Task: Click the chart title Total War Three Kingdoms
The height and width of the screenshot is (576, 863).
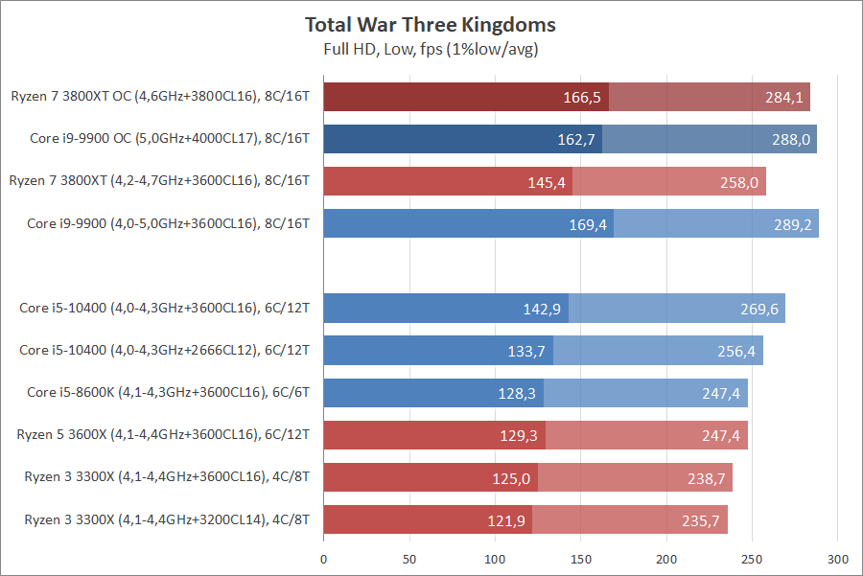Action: point(431,25)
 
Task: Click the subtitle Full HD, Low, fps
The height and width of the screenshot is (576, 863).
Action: point(431,48)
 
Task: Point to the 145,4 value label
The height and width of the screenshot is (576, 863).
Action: point(547,182)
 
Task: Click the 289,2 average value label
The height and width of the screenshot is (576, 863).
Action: point(793,224)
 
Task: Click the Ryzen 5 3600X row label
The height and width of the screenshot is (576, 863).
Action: point(164,435)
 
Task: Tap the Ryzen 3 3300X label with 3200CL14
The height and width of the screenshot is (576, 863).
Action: point(164,520)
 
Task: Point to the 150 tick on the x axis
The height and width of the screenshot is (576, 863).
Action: point(581,558)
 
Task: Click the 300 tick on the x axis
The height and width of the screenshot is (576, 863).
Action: point(838,558)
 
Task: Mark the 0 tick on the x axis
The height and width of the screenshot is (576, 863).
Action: point(324,558)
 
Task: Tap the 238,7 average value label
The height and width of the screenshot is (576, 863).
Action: point(707,478)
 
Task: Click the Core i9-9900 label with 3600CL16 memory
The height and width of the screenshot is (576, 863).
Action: point(169,223)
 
